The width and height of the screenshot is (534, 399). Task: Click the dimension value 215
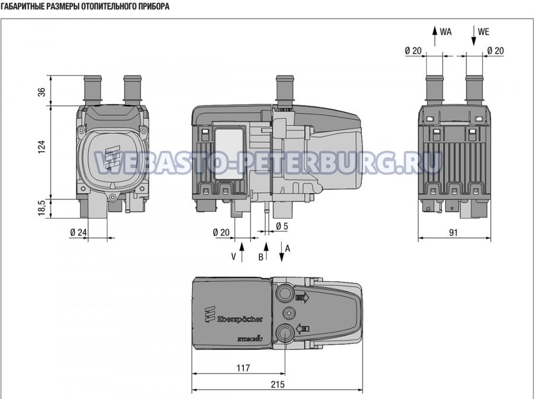pyautogui.click(x=278, y=384)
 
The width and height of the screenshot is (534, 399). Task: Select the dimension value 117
pyautogui.click(x=243, y=368)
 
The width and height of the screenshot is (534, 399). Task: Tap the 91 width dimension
pyautogui.click(x=453, y=232)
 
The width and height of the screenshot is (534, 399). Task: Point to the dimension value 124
pyautogui.click(x=42, y=147)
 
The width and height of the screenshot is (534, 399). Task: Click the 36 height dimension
pyautogui.click(x=42, y=92)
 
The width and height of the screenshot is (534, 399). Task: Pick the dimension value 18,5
pyautogui.click(x=42, y=208)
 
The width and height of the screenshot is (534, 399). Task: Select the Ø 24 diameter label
pyautogui.click(x=79, y=232)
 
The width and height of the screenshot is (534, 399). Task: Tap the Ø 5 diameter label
pyautogui.click(x=282, y=226)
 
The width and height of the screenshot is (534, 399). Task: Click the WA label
pyautogui.click(x=446, y=32)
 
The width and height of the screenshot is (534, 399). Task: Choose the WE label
pyautogui.click(x=484, y=32)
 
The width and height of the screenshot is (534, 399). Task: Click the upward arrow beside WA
pyautogui.click(x=434, y=36)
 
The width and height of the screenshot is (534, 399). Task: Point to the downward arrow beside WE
pyautogui.click(x=473, y=36)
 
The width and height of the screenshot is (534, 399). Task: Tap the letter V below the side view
pyautogui.click(x=234, y=256)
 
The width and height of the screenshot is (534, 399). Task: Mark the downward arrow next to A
pyautogui.click(x=282, y=252)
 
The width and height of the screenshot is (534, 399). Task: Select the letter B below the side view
pyautogui.click(x=260, y=257)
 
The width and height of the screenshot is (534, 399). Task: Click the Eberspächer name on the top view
pyautogui.click(x=240, y=319)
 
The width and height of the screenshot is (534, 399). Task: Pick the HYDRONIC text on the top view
pyautogui.click(x=250, y=338)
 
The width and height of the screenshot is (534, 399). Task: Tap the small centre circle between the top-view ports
pyautogui.click(x=289, y=312)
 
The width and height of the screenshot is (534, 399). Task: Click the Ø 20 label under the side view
pyautogui.click(x=221, y=232)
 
